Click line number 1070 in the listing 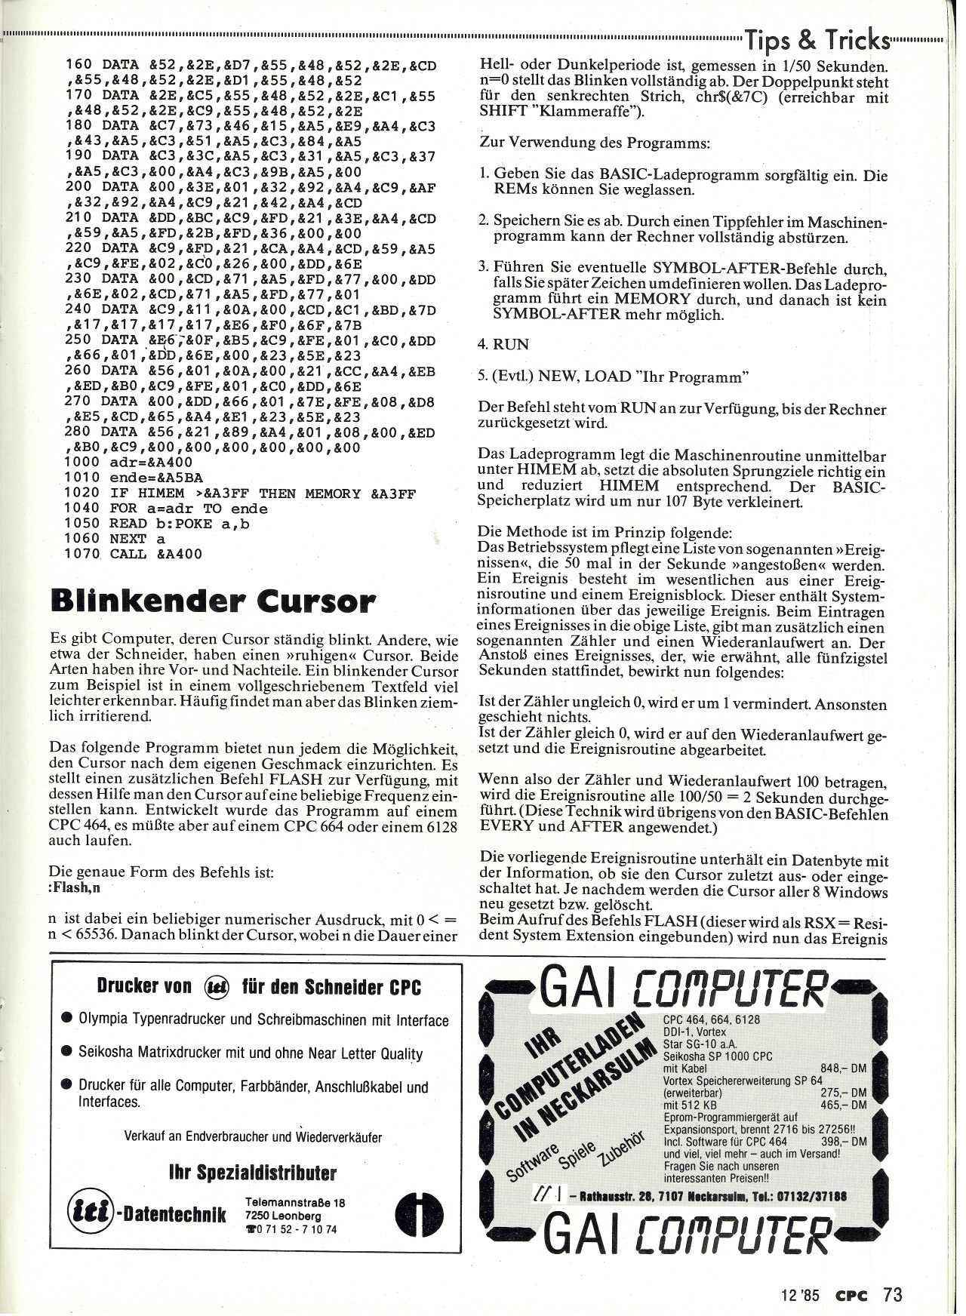tap(82, 554)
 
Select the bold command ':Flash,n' tap(74, 887)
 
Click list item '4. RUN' tap(503, 344)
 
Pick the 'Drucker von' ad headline tap(144, 986)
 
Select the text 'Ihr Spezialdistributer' tap(253, 1173)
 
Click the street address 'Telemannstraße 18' tap(295, 1203)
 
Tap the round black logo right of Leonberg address tap(419, 1215)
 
